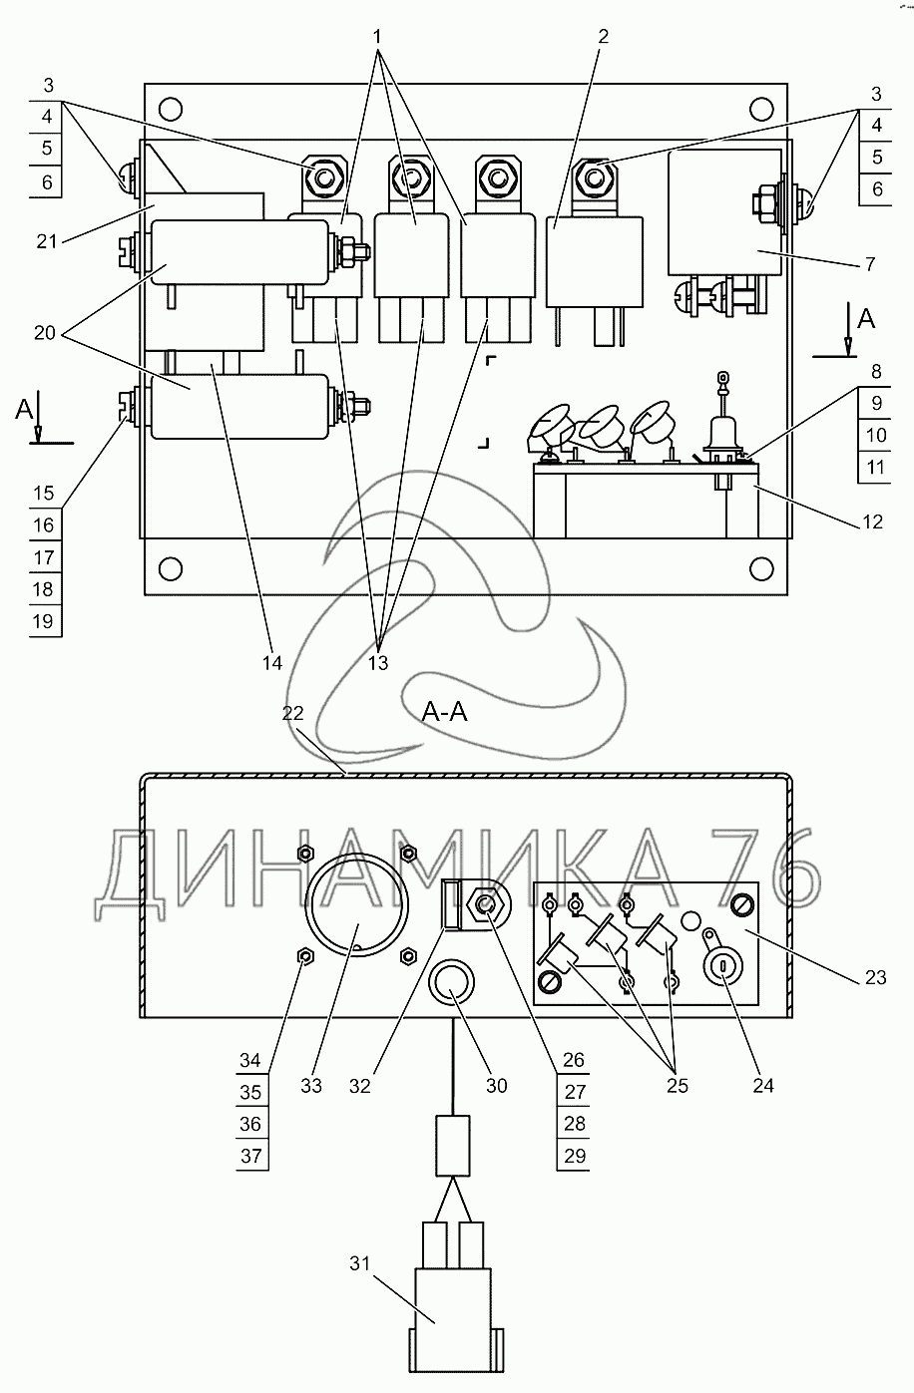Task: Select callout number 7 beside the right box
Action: tap(870, 265)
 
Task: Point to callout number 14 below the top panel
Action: tap(272, 662)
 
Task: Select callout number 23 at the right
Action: tap(874, 978)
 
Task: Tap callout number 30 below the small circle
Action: tap(495, 1085)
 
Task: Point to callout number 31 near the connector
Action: tap(359, 1263)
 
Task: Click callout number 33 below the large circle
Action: tap(311, 1085)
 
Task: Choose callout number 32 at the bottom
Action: tap(359, 1085)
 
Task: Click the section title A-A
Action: tap(446, 711)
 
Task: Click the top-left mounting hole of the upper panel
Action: tap(171, 108)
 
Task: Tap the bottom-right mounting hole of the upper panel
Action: tap(762, 569)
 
